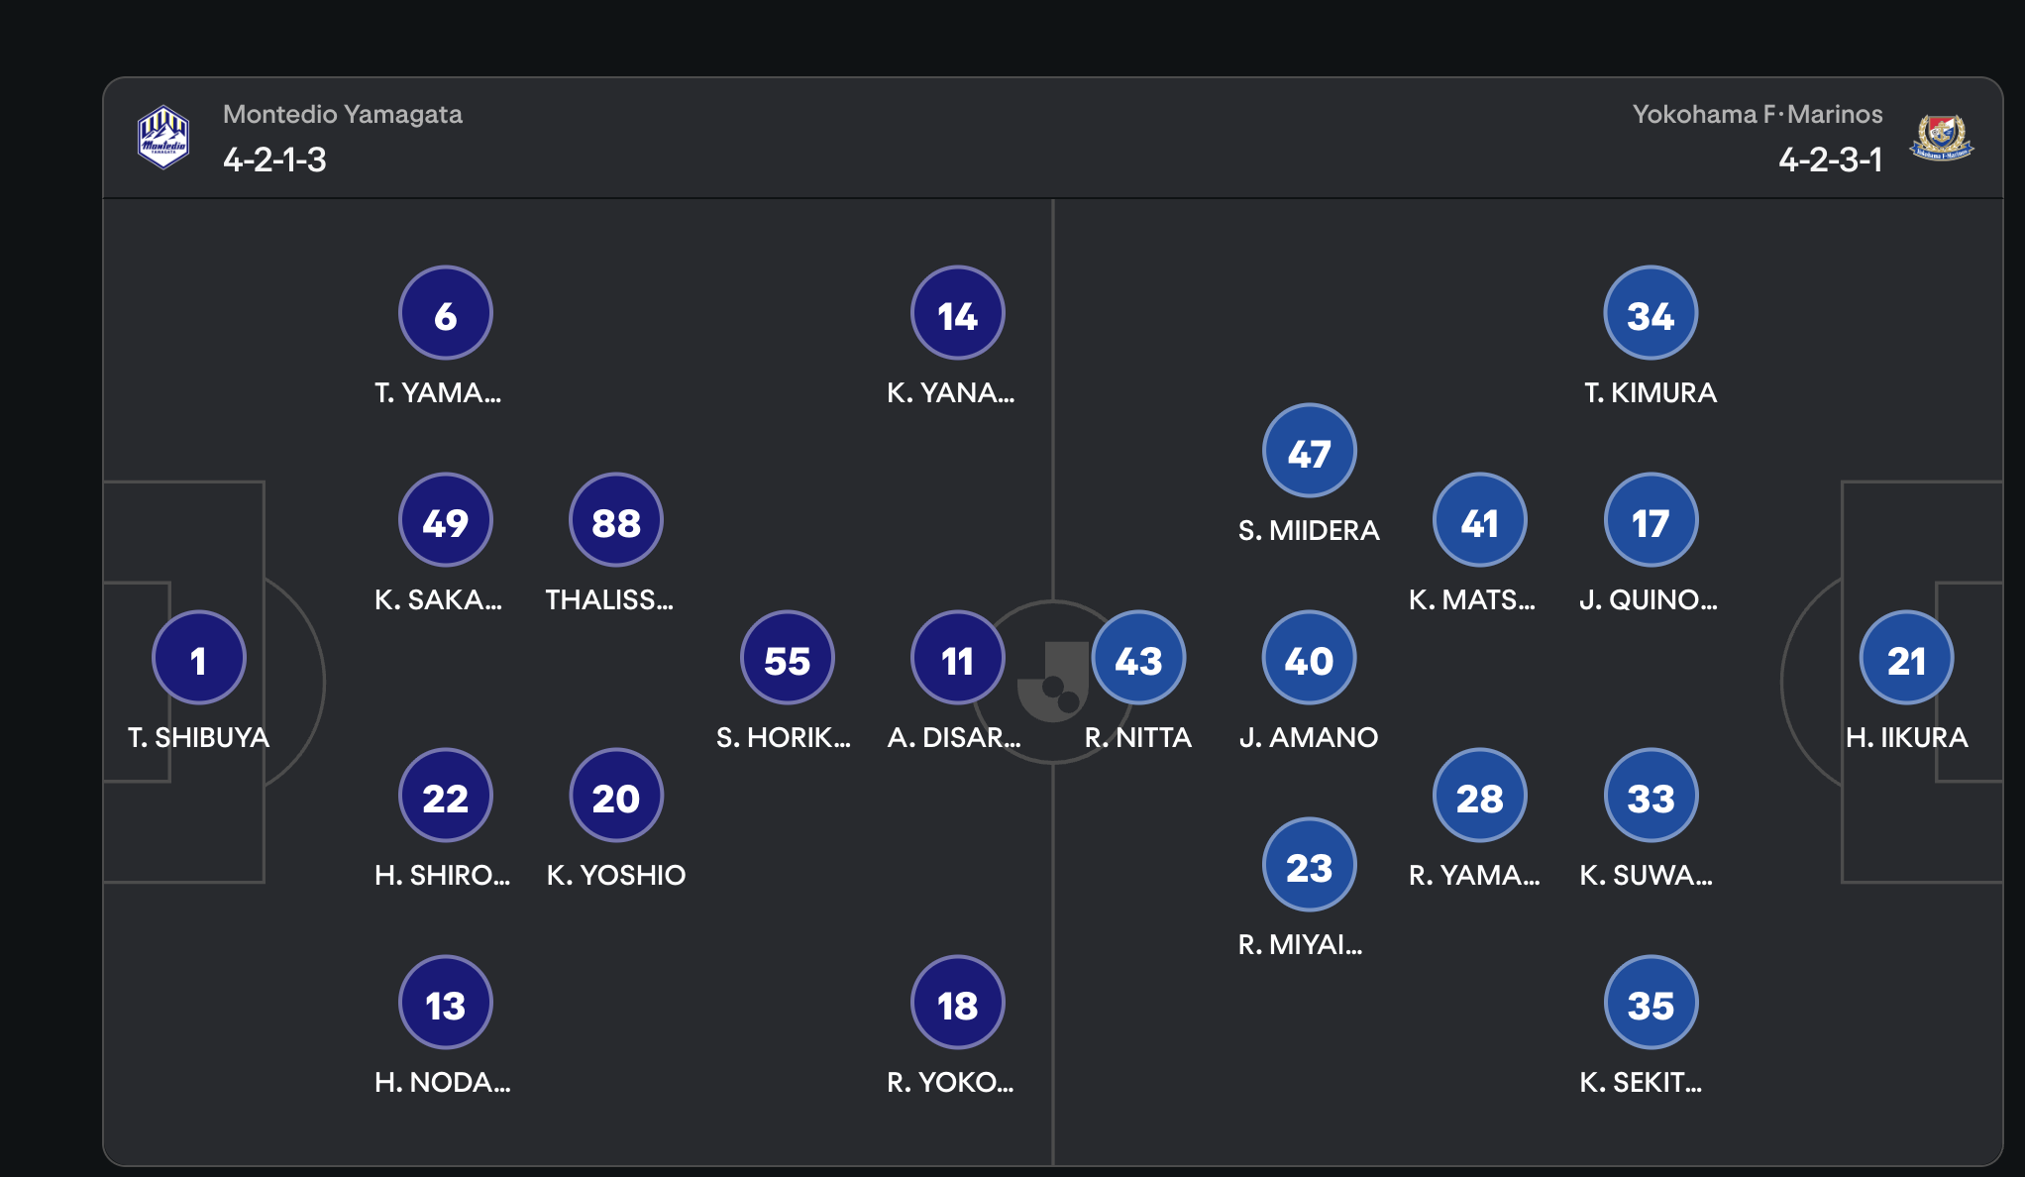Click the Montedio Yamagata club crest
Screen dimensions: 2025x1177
pyautogui.click(x=163, y=137)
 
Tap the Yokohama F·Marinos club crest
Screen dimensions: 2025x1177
pyautogui.click(x=1942, y=138)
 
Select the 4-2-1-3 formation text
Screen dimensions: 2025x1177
pyautogui.click(x=274, y=160)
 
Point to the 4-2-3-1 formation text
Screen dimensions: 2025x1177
pyautogui.click(x=1831, y=160)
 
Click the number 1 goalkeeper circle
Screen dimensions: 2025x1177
pyautogui.click(x=198, y=658)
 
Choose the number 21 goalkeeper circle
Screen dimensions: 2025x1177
pyautogui.click(x=1906, y=658)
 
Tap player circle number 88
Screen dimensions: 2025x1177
pyautogui.click(x=616, y=520)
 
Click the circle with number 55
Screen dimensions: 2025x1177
pyautogui.click(x=788, y=658)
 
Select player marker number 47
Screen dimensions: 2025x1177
pyautogui.click(x=1309, y=451)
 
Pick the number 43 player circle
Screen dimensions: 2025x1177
pyautogui.click(x=1138, y=658)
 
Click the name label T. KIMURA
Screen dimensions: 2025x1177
pyautogui.click(x=1651, y=393)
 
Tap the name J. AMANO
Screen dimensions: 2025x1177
pyautogui.click(x=1309, y=738)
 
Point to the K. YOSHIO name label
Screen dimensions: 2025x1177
pyautogui.click(x=616, y=876)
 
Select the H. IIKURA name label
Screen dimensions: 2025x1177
pyautogui.click(x=1907, y=738)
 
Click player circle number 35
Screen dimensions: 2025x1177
pyautogui.click(x=1651, y=1003)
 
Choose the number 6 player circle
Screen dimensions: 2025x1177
pyautogui.click(x=446, y=313)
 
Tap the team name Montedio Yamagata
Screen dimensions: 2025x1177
pyautogui.click(x=343, y=115)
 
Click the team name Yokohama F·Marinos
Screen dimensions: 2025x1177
pyautogui.click(x=1758, y=115)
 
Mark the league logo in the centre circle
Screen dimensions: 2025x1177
pyautogui.click(x=1052, y=682)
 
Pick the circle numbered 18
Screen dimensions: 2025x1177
pyautogui.click(x=958, y=1003)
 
